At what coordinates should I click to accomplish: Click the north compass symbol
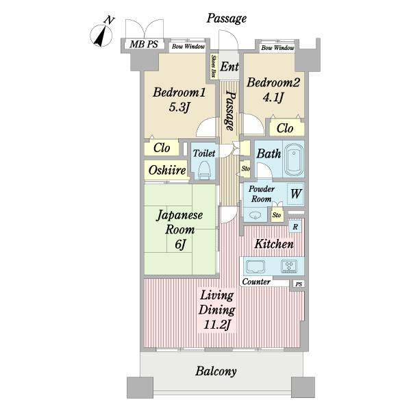pyautogui.click(x=101, y=34)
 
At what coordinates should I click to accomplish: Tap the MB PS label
pyautogui.click(x=144, y=45)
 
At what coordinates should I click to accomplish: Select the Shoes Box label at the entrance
pyautogui.click(x=214, y=66)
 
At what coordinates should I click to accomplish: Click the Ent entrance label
pyautogui.click(x=229, y=66)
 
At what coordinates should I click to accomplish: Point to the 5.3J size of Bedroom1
pyautogui.click(x=179, y=107)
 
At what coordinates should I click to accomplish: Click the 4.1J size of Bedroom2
pyautogui.click(x=273, y=97)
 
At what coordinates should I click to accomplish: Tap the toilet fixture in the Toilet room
pyautogui.click(x=204, y=171)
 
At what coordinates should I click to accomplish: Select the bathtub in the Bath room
pyautogui.click(x=294, y=160)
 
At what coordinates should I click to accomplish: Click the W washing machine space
pyautogui.click(x=296, y=194)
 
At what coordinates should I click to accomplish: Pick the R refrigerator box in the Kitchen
pyautogui.click(x=295, y=227)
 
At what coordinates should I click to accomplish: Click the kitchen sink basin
pyautogui.click(x=256, y=267)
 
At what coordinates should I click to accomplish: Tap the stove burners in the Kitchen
pyautogui.click(x=289, y=266)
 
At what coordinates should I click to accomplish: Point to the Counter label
pyautogui.click(x=256, y=282)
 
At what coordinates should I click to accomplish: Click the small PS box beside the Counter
pyautogui.click(x=299, y=284)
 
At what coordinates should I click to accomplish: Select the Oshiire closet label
pyautogui.click(x=167, y=171)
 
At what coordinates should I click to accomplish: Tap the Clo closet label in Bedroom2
pyautogui.click(x=285, y=129)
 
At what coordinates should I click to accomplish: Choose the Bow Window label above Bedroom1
pyautogui.click(x=188, y=47)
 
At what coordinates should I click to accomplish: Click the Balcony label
pyautogui.click(x=216, y=371)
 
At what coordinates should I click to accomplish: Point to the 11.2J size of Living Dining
pyautogui.click(x=217, y=325)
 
